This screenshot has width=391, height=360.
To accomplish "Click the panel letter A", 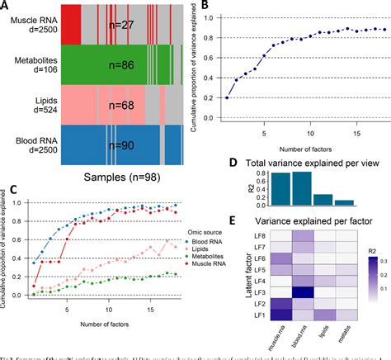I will click(x=6, y=7).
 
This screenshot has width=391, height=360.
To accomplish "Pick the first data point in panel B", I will click(x=228, y=97).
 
